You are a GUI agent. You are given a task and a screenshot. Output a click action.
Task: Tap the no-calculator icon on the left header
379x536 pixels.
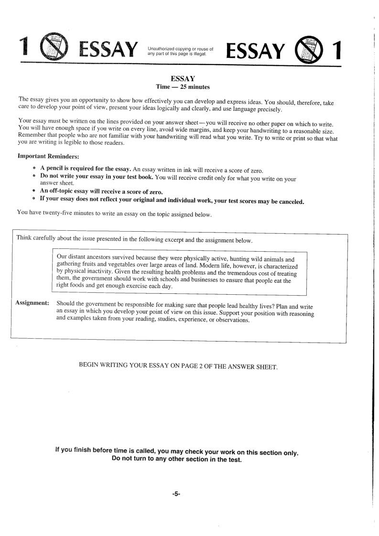tap(54, 48)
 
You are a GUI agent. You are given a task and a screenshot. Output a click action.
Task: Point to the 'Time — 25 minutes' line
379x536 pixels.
tap(183, 86)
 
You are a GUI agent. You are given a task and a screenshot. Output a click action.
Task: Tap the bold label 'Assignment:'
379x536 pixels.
tap(32, 303)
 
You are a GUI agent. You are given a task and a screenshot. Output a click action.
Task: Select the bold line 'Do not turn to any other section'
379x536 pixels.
tap(176, 460)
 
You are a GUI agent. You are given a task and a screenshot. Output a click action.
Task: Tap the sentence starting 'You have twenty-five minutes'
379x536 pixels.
tap(114, 214)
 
